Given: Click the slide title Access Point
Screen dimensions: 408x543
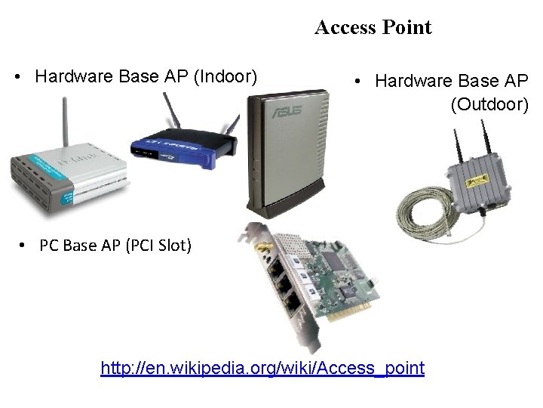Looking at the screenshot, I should coord(373,28).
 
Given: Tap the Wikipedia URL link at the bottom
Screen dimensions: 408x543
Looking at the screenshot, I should coord(262,368).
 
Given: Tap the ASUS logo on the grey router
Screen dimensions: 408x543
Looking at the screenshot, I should coord(287,112).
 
